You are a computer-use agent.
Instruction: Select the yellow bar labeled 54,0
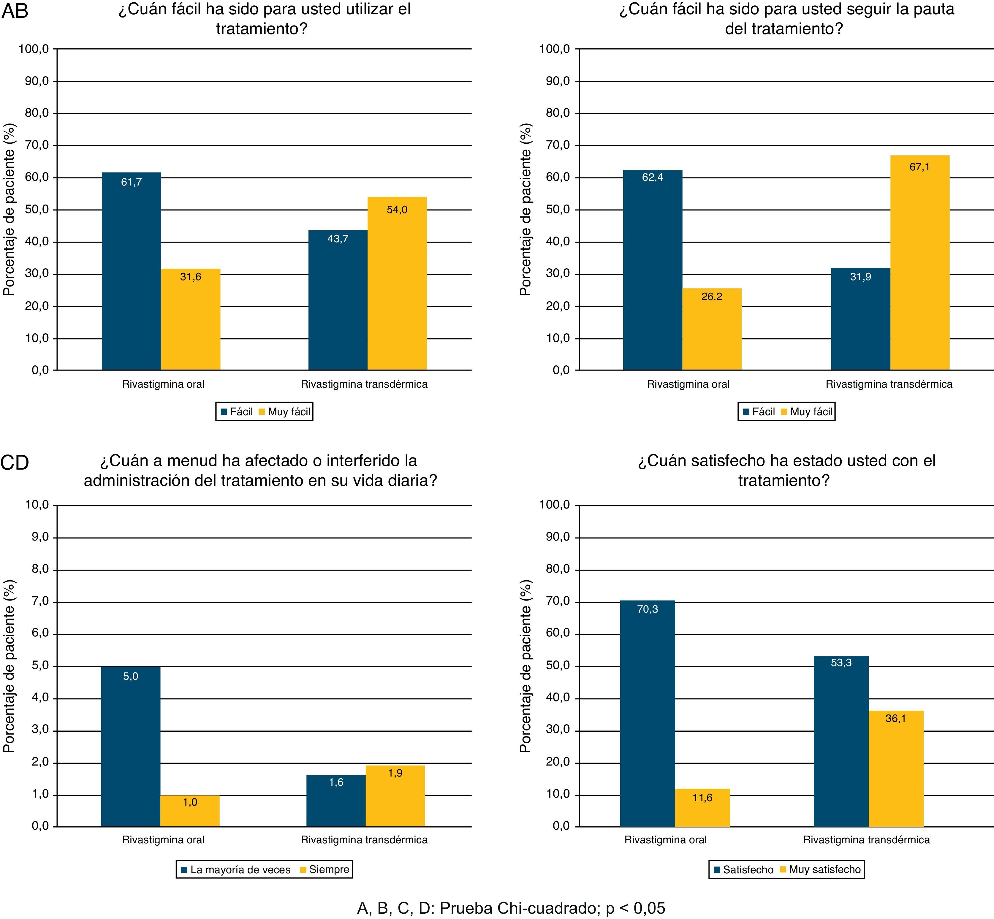tap(397, 283)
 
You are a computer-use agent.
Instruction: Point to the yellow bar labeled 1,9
tap(395, 796)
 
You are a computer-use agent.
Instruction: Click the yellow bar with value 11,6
tap(702, 808)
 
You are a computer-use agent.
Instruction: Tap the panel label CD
tap(15, 462)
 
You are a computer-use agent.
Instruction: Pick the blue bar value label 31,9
tap(860, 276)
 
